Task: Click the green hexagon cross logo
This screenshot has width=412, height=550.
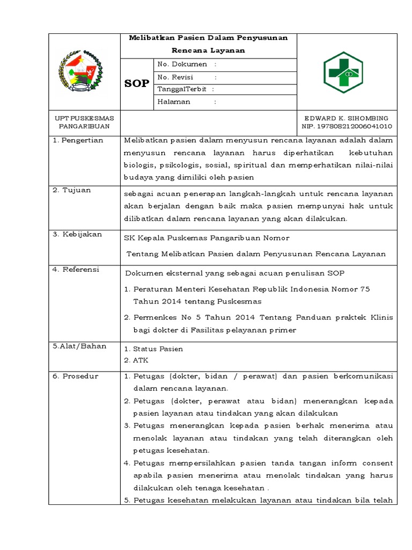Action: [343, 73]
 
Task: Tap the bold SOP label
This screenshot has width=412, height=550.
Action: [137, 84]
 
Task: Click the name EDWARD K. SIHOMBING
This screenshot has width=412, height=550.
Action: [346, 118]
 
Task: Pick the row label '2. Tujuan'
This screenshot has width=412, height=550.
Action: [71, 190]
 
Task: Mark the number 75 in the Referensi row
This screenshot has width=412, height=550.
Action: [364, 289]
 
